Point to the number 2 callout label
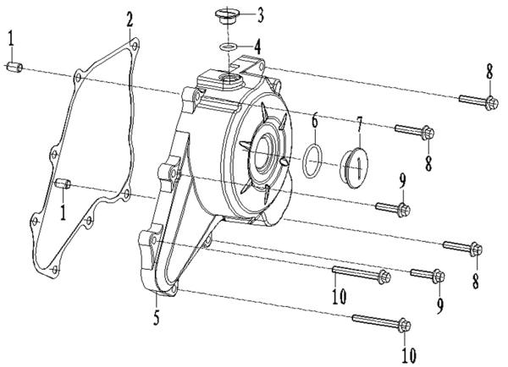click(130, 18)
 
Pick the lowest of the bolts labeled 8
click(465, 248)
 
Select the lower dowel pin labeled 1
click(61, 183)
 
